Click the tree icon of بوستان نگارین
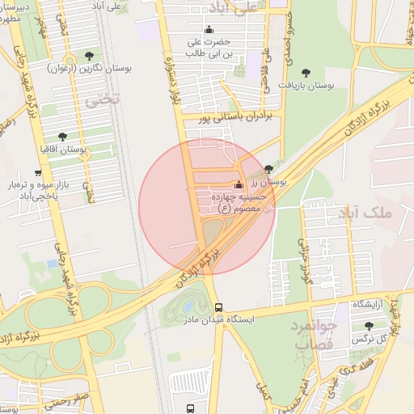coord(88,55)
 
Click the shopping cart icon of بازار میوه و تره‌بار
coord(37,173)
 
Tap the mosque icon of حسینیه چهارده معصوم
coord(238,184)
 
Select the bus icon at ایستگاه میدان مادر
coord(219,307)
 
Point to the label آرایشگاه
coord(368,303)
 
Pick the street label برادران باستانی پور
coord(240,117)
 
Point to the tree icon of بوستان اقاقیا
coord(63,137)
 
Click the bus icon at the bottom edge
coord(190,408)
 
